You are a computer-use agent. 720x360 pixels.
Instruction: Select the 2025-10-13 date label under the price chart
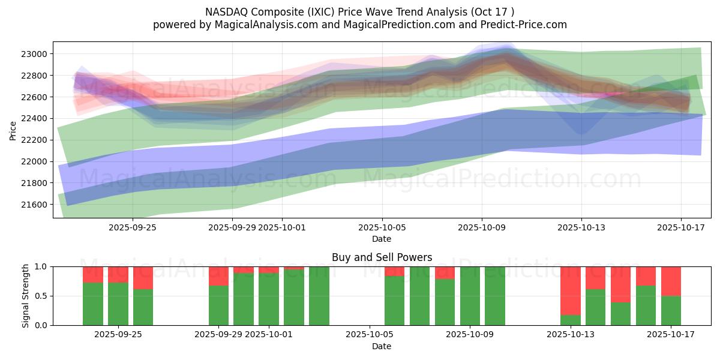(x=581, y=228)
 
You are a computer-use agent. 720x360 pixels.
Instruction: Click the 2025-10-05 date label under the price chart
(x=382, y=228)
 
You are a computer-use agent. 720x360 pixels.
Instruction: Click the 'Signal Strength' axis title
(x=25, y=296)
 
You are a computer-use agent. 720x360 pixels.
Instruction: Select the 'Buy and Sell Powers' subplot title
(x=382, y=257)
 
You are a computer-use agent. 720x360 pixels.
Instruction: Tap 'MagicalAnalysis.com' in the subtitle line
(x=260, y=25)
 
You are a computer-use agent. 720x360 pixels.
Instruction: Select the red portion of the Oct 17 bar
(x=671, y=281)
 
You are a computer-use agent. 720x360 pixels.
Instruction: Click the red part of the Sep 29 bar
(x=218, y=276)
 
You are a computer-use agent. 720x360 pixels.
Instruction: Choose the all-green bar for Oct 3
(x=319, y=296)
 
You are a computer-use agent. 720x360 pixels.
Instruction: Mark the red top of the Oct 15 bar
(x=621, y=284)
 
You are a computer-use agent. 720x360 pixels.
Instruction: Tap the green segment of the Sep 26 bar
(x=143, y=307)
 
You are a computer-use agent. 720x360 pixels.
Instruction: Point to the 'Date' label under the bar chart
(x=382, y=346)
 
